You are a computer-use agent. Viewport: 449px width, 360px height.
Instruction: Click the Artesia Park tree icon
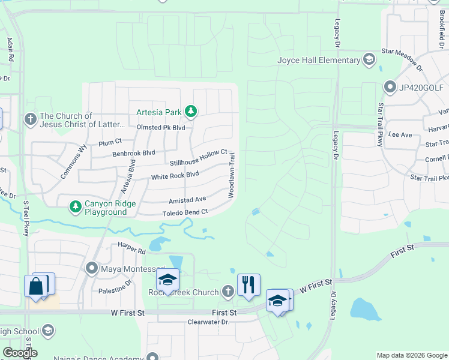tap(191, 111)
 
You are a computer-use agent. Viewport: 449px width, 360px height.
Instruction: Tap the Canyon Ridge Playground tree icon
tap(75, 207)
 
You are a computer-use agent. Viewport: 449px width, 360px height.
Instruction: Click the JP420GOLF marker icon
tap(389, 88)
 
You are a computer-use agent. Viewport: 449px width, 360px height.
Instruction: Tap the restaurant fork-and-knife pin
tap(249, 284)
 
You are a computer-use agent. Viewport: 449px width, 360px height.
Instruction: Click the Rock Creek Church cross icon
tap(228, 292)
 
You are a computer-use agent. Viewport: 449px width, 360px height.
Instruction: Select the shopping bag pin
tap(36, 286)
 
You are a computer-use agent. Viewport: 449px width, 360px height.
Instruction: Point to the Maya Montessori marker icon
tap(92, 268)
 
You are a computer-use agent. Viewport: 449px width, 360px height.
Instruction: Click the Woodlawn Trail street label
tap(231, 175)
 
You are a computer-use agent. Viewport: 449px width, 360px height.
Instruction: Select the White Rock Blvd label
tap(175, 175)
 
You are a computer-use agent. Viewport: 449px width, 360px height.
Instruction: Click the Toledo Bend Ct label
tap(185, 212)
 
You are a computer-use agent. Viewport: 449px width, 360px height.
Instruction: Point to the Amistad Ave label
tap(187, 199)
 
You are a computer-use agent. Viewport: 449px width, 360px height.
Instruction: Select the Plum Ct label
tap(110, 142)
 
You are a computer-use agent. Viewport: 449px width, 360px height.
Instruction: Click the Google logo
tap(19, 353)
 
